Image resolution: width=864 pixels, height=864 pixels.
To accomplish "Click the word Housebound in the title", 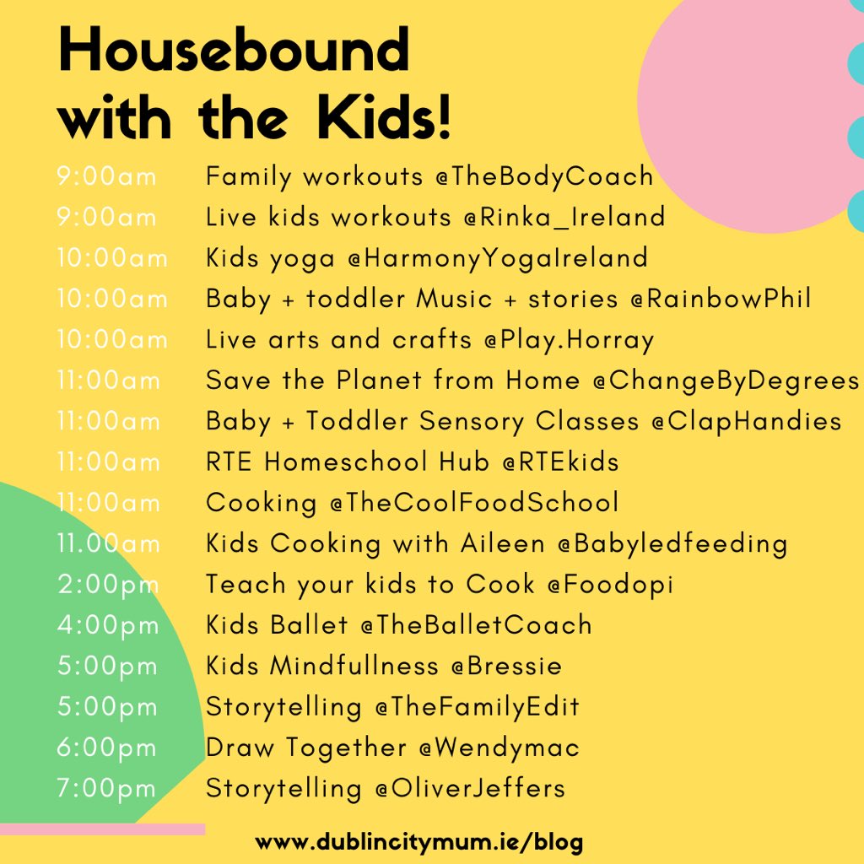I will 234,52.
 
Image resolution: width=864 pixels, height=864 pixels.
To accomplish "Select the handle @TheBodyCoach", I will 543,177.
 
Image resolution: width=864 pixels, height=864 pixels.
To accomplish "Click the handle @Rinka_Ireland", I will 563,218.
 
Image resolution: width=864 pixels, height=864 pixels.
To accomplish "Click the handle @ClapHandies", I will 746,420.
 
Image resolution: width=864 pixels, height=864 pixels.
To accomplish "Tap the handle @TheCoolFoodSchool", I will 474,502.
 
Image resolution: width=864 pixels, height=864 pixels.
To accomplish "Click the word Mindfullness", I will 354,666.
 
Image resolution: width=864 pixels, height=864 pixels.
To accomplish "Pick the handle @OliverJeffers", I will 470,789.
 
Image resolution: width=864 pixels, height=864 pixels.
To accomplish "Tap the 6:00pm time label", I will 107,748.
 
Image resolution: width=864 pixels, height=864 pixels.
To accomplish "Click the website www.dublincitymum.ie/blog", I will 419,842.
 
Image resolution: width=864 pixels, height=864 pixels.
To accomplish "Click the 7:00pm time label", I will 107,789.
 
